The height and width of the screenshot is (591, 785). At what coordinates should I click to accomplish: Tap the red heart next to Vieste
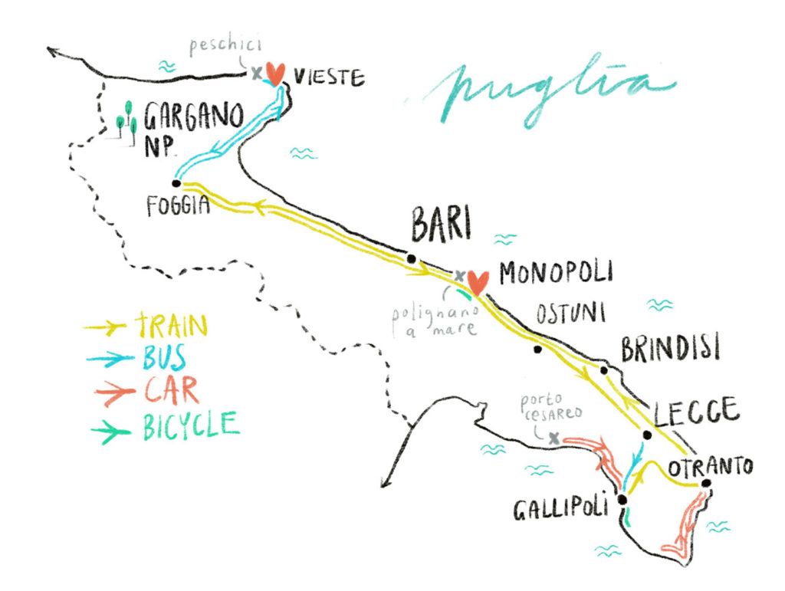(276, 73)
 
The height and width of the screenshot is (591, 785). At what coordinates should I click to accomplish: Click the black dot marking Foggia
(176, 184)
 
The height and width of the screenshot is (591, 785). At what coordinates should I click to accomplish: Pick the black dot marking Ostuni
(537, 350)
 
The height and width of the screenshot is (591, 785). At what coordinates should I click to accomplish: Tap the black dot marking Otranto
(706, 483)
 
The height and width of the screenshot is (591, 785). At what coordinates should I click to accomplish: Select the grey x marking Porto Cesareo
(553, 438)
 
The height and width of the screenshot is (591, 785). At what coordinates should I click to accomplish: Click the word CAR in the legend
(170, 391)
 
